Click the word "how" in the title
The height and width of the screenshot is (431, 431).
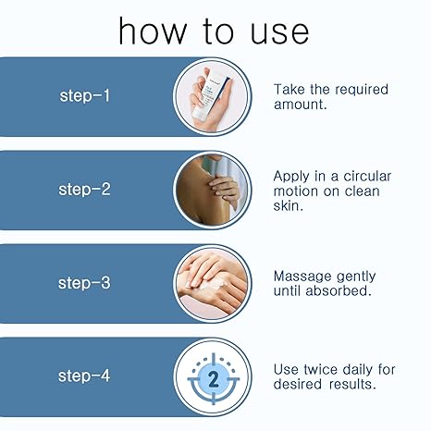coord(153,31)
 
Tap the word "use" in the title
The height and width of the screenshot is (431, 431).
coord(279,32)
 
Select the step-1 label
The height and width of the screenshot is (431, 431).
coord(84,96)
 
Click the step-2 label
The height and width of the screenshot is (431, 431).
coord(84,190)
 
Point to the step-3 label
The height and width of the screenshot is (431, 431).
coord(84,283)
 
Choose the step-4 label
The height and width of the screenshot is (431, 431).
coord(84,376)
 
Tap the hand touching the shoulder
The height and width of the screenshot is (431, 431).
coord(224,189)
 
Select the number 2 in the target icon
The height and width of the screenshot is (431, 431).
coord(214,379)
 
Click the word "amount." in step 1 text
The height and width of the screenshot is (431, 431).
coord(300,105)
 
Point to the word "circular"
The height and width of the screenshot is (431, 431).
coord(367,177)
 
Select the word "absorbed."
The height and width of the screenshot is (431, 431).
coord(339,290)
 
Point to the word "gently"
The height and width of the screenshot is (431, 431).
coord(356,277)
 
